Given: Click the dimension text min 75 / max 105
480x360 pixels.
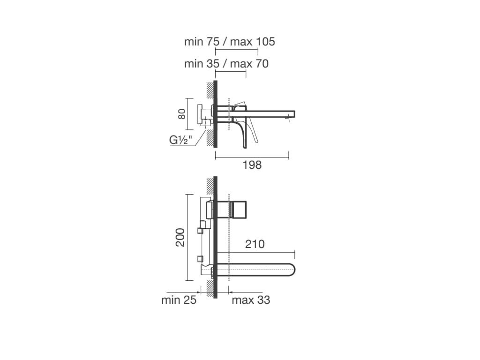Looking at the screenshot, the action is [x=230, y=42].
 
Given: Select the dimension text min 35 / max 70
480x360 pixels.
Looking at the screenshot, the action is [x=226, y=64].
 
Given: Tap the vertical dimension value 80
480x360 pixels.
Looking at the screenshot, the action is [x=182, y=114].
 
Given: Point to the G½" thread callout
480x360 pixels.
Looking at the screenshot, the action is [x=180, y=140].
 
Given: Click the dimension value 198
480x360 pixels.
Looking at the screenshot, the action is [x=252, y=165].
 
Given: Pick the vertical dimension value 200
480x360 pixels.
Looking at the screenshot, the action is [x=180, y=237].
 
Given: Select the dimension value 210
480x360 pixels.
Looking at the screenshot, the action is [x=255, y=244].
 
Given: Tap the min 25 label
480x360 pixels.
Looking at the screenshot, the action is [x=179, y=300].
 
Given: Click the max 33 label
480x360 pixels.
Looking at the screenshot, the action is [x=251, y=300].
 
